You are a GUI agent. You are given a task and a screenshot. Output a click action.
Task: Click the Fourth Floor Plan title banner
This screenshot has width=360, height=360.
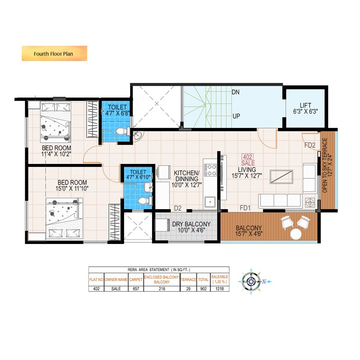54,53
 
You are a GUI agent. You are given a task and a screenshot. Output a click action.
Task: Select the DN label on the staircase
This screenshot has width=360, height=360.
236,92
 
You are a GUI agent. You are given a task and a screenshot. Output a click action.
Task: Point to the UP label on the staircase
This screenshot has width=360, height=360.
236,116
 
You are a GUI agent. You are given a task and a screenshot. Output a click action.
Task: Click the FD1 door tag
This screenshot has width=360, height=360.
245,208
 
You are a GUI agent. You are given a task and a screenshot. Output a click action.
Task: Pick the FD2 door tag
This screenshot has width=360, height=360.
310,145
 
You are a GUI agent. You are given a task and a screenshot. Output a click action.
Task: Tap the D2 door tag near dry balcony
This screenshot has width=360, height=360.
178,208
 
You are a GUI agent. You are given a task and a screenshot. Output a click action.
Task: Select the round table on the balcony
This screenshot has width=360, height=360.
296,234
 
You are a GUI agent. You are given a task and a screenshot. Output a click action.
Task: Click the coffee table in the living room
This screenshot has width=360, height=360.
281,176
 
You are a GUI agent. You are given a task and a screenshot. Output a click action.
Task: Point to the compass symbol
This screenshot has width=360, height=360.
250,282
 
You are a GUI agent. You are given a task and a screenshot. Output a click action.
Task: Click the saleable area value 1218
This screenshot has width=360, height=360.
220,289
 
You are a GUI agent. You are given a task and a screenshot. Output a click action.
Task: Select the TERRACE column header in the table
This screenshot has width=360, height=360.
188,279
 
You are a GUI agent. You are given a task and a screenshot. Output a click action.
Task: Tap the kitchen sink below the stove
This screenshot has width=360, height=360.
209,202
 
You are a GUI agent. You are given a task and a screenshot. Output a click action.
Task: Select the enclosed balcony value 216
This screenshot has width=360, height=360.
162,289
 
